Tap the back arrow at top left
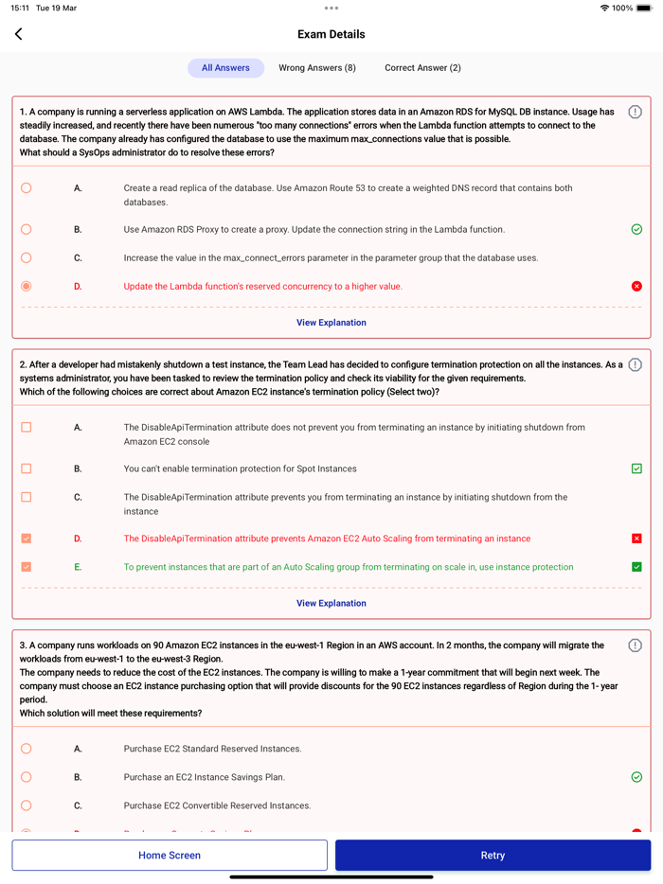click(x=19, y=34)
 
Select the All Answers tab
click(x=225, y=68)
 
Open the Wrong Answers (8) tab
click(x=317, y=68)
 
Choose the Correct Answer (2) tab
click(x=422, y=68)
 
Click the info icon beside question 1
click(x=635, y=112)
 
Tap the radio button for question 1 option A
click(x=27, y=188)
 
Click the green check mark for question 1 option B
click(x=636, y=229)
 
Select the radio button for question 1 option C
click(x=27, y=257)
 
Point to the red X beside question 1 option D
click(x=636, y=286)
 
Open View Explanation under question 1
click(x=331, y=323)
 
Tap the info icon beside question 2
click(x=635, y=364)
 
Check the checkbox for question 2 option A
click(x=27, y=428)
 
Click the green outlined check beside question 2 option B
click(x=636, y=469)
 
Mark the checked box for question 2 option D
click(x=27, y=539)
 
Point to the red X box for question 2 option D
click(x=636, y=539)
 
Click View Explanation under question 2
click(x=331, y=603)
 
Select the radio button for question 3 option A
click(x=27, y=749)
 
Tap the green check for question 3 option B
click(x=636, y=777)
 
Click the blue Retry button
click(x=493, y=855)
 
